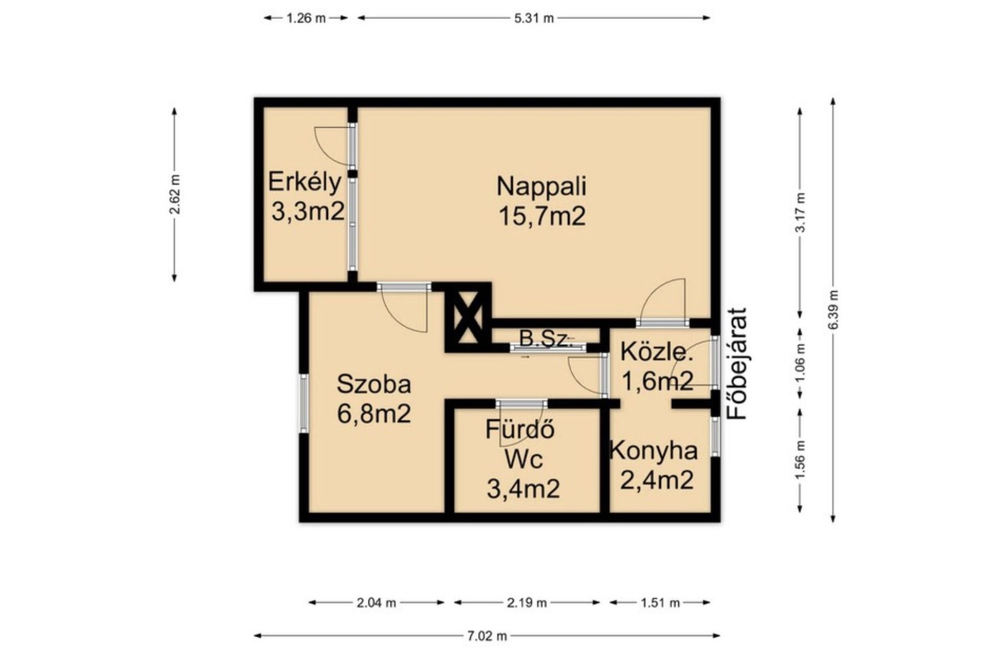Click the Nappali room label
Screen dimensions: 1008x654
click(542, 187)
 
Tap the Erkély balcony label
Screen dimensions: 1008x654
click(305, 182)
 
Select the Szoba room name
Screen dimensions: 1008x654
click(374, 384)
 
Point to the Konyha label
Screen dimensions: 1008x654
click(654, 451)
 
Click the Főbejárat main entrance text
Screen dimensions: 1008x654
click(737, 363)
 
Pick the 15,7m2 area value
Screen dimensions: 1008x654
click(542, 217)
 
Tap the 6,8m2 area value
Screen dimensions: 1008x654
click(374, 414)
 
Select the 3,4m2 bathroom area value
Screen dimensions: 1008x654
click(523, 489)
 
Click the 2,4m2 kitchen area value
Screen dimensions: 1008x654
click(656, 480)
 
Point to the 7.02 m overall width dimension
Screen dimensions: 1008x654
click(487, 636)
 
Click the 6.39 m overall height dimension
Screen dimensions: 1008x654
click(833, 310)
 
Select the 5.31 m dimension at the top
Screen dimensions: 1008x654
click(534, 18)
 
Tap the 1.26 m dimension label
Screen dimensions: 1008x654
click(306, 18)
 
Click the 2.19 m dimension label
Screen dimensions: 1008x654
click(527, 603)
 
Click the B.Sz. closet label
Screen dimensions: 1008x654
click(544, 339)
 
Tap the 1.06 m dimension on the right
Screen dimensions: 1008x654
click(800, 363)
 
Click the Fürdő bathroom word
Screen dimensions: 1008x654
click(520, 429)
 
